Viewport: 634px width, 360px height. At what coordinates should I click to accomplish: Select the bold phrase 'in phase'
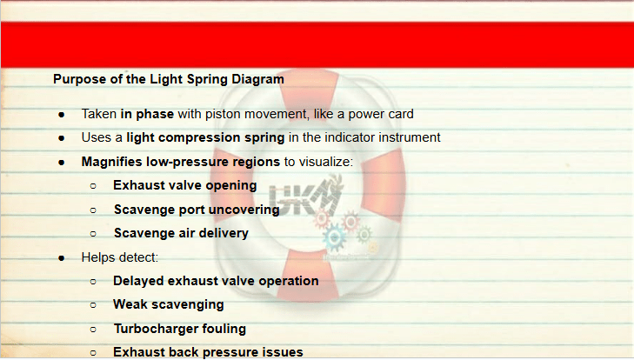147,114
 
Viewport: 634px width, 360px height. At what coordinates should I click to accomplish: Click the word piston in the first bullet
223,114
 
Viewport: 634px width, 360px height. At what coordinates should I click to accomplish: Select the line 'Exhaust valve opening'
184,185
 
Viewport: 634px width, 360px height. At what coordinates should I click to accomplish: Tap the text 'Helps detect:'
120,257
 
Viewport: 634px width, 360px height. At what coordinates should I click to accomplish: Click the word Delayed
138,281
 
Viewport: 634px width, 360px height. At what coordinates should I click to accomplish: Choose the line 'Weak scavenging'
168,304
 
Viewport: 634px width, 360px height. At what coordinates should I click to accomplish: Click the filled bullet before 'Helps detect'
62,258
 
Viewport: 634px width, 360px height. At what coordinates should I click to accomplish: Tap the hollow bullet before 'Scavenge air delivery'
93,234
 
